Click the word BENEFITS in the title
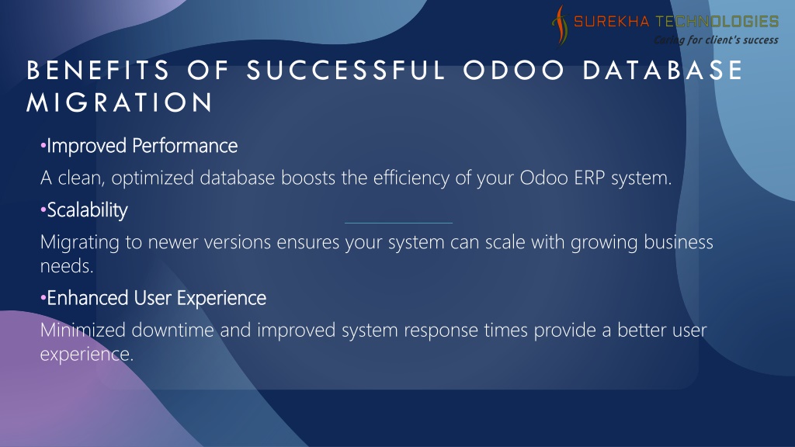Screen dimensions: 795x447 pyautogui.click(x=98, y=70)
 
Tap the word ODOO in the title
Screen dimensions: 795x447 pyautogui.click(x=513, y=70)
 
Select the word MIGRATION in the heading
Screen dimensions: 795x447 pyautogui.click(x=120, y=102)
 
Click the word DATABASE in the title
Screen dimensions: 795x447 pyautogui.click(x=663, y=70)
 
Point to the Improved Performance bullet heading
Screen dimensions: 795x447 pyautogui.click(x=142, y=146)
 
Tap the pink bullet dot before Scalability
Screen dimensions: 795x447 pyautogui.click(x=43, y=210)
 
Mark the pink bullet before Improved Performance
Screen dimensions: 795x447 pyautogui.click(x=43, y=147)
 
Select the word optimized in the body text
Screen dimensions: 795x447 pyautogui.click(x=153, y=178)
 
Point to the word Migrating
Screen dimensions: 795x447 pyautogui.click(x=80, y=242)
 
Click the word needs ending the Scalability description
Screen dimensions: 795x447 pyautogui.click(x=67, y=266)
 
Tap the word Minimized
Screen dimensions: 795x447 pyautogui.click(x=82, y=330)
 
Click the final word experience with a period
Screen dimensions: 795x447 pyautogui.click(x=87, y=354)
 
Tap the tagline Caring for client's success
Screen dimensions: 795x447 pyautogui.click(x=716, y=40)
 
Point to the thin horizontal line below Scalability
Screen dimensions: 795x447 pyautogui.click(x=398, y=223)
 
